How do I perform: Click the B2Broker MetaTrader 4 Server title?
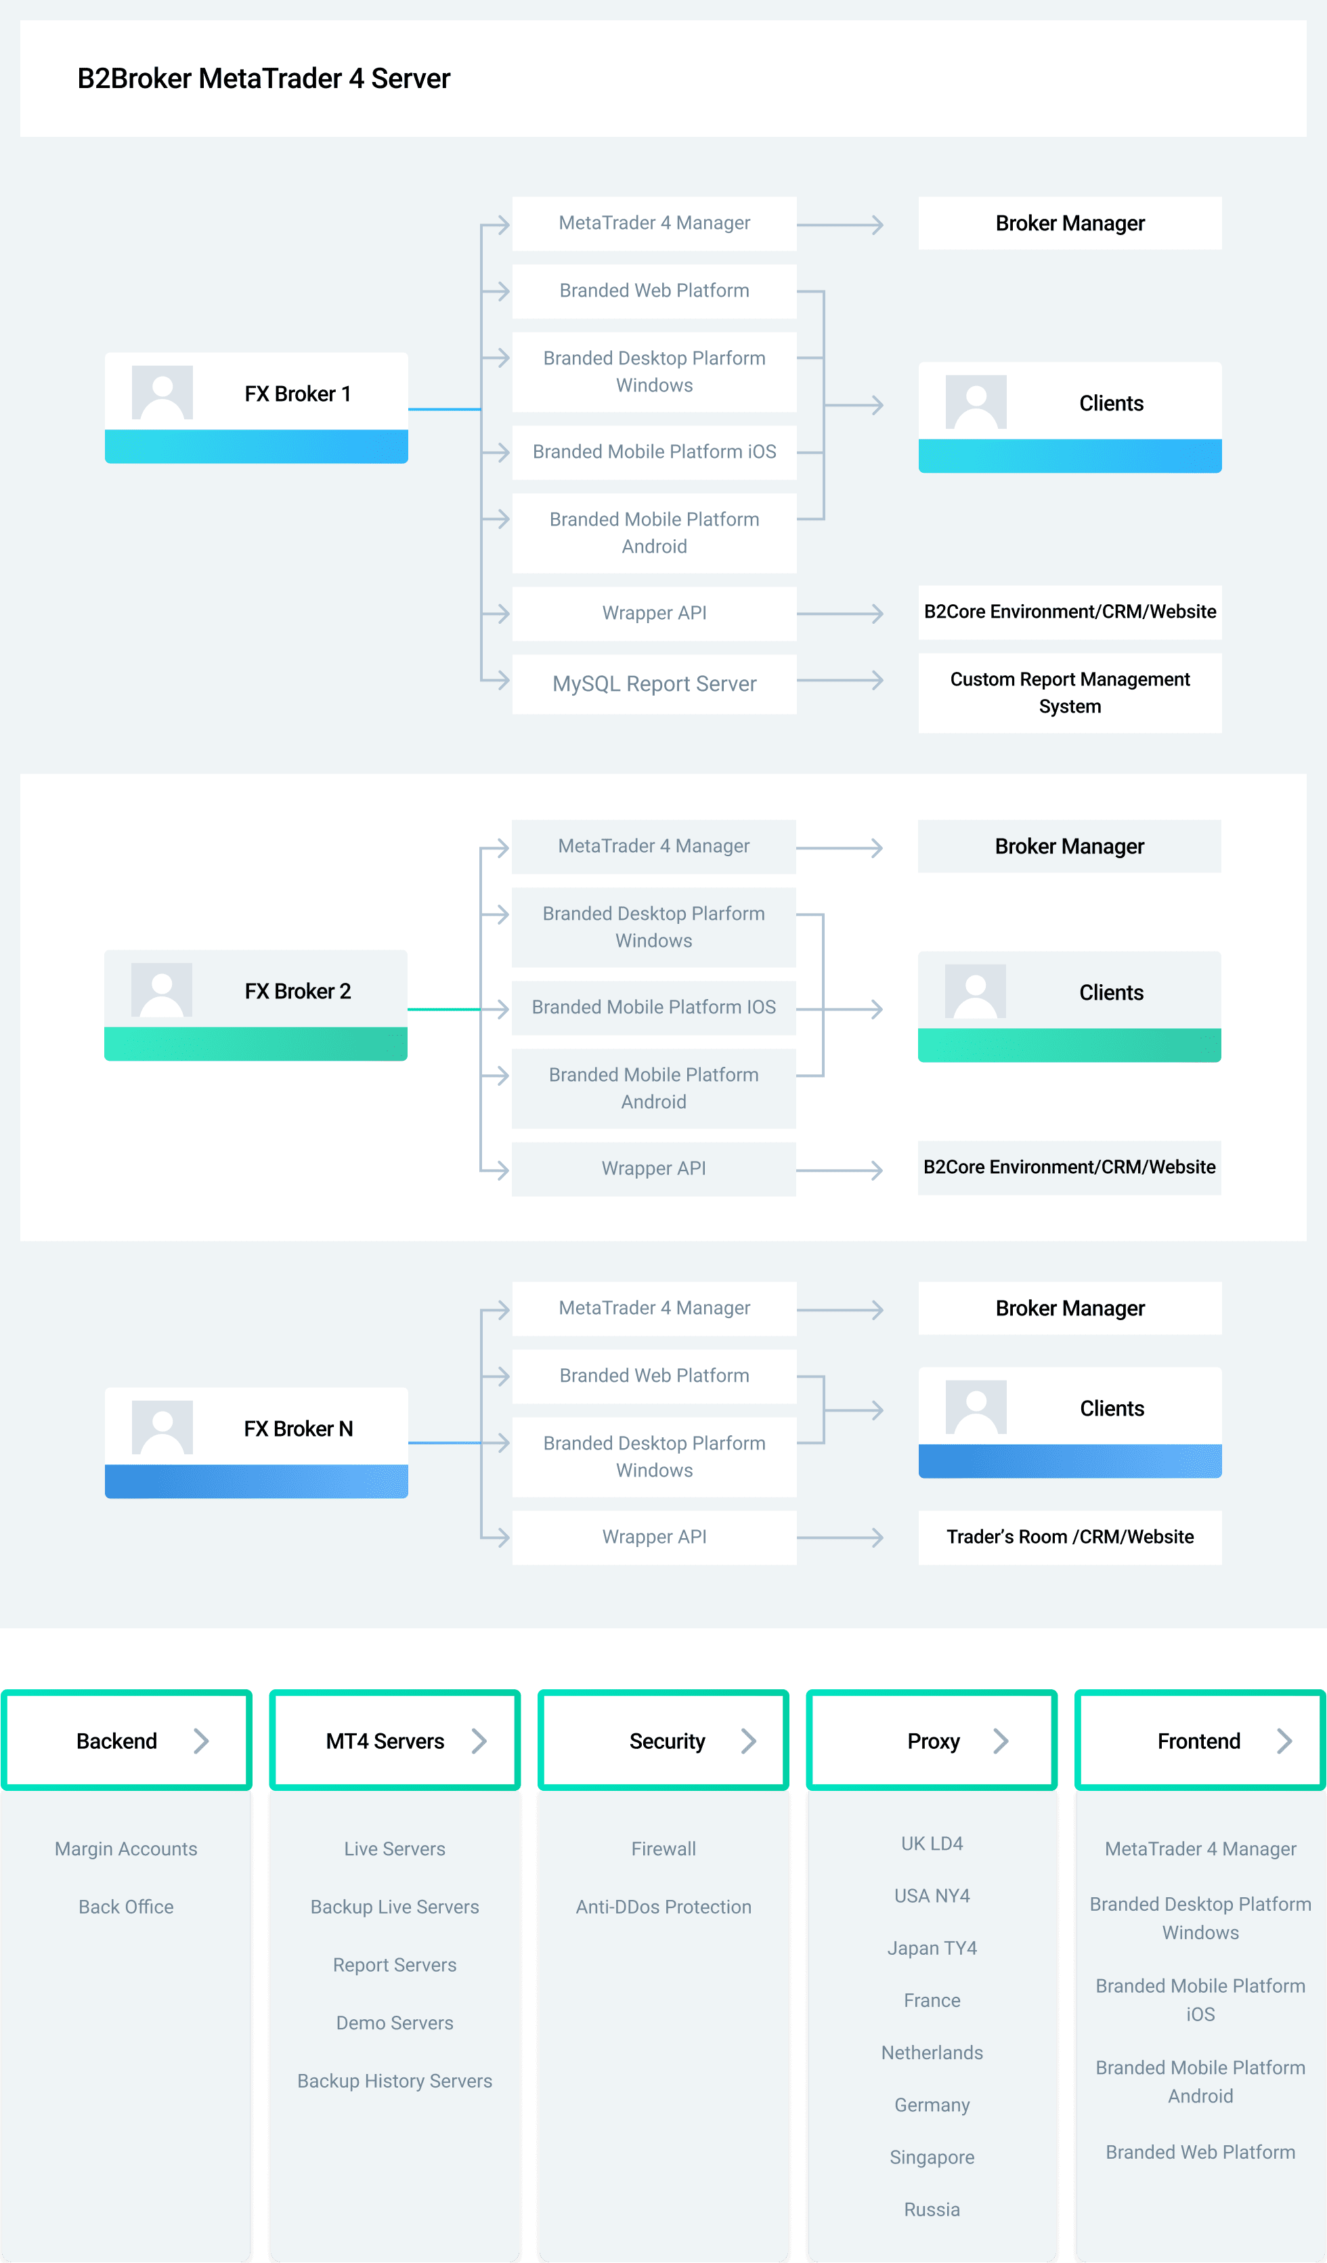(263, 79)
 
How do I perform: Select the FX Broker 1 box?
(256, 408)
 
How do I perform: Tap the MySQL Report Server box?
(655, 683)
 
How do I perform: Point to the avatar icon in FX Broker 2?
(162, 990)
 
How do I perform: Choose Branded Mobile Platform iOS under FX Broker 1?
(655, 452)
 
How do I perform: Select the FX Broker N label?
(298, 1428)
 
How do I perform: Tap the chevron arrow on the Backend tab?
(202, 1741)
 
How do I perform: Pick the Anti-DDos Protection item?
(663, 1907)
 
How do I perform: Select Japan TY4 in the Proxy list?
(932, 1948)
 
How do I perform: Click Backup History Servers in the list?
(395, 2081)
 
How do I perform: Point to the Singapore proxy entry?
(932, 2157)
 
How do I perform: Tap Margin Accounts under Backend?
(126, 1849)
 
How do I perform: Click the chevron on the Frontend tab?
(1285, 1741)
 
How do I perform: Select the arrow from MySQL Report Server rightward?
(840, 681)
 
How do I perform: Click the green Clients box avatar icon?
(975, 992)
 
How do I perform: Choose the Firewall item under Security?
(663, 1849)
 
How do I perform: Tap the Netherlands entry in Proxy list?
(932, 2053)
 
